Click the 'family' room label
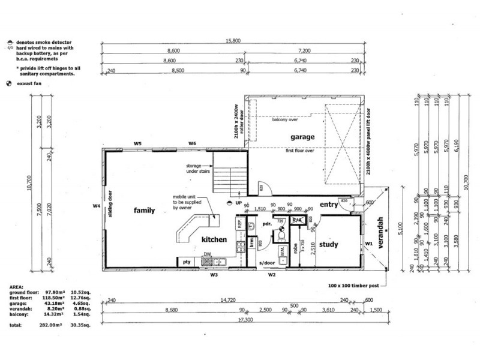(x=145, y=211)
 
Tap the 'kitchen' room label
(x=214, y=239)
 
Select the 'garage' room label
(x=304, y=137)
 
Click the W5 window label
(x=138, y=144)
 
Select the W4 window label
(x=96, y=206)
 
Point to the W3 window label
(x=213, y=276)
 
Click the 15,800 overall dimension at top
(x=232, y=41)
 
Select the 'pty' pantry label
(x=187, y=262)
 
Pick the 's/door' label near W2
(x=266, y=263)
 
